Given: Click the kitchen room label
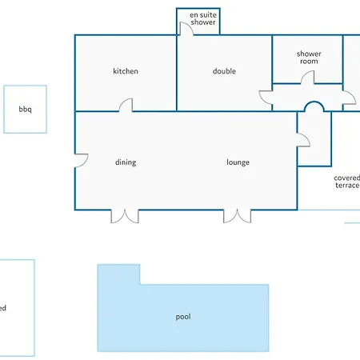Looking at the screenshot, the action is pyautogui.click(x=126, y=71).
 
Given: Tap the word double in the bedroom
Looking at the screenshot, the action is pyautogui.click(x=224, y=71).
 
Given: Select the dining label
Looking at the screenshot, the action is pyautogui.click(x=126, y=162).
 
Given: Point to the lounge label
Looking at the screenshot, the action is pyautogui.click(x=238, y=162).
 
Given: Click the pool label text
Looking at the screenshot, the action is pyautogui.click(x=183, y=317).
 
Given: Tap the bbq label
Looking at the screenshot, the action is pyautogui.click(x=25, y=110).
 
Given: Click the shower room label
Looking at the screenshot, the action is pyautogui.click(x=309, y=58).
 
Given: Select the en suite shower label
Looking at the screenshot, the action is pyautogui.click(x=203, y=18).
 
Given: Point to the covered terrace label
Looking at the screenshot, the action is pyautogui.click(x=347, y=182).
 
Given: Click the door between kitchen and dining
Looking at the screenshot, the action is pyautogui.click(x=126, y=105).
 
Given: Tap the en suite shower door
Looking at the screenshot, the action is pyautogui.click(x=186, y=29).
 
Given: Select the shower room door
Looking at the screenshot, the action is pyautogui.click(x=308, y=78).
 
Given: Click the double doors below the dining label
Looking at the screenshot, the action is pyautogui.click(x=125, y=216).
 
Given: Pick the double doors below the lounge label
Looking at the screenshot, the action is pyautogui.click(x=238, y=216).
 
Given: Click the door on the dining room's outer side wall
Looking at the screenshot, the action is pyautogui.click(x=81, y=161).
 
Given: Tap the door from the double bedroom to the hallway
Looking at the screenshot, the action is pyautogui.click(x=266, y=98).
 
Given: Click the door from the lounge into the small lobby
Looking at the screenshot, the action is pyautogui.click(x=303, y=140).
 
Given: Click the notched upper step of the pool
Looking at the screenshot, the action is pyautogui.click(x=118, y=274).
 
